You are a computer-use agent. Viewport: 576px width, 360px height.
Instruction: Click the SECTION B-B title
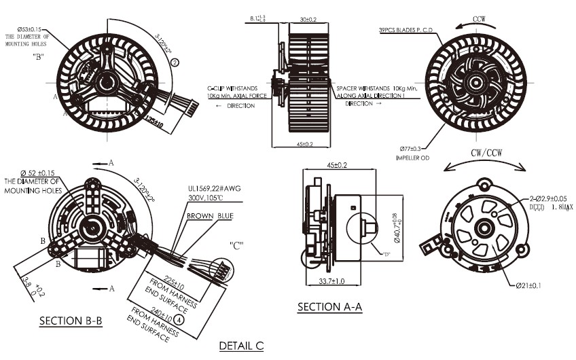pos(71,321)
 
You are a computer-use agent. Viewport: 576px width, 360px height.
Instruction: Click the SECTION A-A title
pos(329,307)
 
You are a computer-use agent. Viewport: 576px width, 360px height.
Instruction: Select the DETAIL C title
pos(240,346)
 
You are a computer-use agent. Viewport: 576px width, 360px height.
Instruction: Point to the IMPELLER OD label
pos(414,158)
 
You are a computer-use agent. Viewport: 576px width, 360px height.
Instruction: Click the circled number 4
pos(178,319)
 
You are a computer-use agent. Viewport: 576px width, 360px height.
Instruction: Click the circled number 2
pos(175,62)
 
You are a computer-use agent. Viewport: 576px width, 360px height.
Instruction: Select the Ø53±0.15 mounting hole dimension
pos(23,29)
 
